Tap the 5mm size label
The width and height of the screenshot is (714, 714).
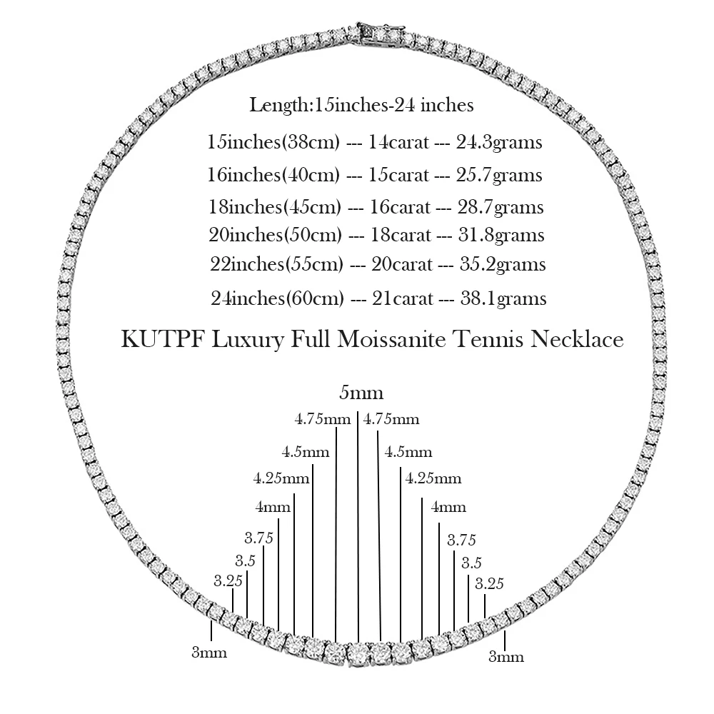(x=361, y=393)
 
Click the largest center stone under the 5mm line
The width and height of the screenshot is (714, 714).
(x=358, y=653)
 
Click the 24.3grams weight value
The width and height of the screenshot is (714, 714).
(x=499, y=143)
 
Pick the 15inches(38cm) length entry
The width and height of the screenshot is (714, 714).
(x=272, y=143)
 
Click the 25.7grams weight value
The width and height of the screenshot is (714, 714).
(x=499, y=176)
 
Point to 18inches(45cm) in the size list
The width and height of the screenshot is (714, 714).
(x=272, y=208)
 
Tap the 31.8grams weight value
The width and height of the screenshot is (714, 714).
(x=501, y=236)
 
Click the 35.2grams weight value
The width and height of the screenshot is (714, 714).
(x=502, y=265)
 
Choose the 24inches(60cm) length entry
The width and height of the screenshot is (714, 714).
(x=278, y=298)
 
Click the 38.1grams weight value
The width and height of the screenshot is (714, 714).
(x=503, y=298)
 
